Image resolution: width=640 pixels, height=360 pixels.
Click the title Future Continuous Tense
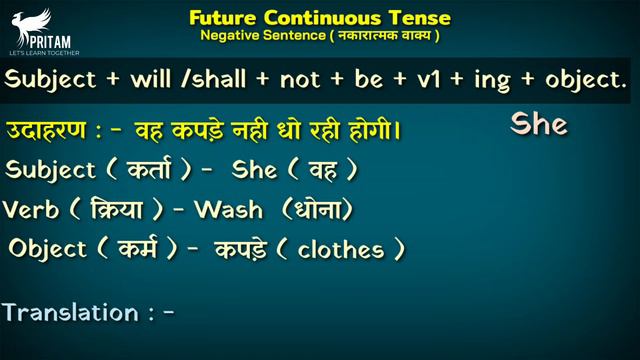(x=319, y=17)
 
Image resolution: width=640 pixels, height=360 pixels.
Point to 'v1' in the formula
(x=414, y=79)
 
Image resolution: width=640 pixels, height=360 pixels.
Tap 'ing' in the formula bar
(x=479, y=80)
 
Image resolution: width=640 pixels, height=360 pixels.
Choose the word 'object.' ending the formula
(x=573, y=79)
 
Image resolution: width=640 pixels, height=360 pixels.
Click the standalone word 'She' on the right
(x=539, y=124)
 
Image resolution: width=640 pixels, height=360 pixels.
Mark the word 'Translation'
(x=70, y=312)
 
